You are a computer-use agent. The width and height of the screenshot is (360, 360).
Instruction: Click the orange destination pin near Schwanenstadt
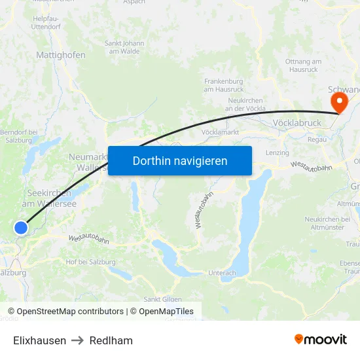click(x=339, y=102)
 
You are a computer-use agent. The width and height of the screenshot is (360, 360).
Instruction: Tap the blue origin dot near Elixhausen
click(x=21, y=228)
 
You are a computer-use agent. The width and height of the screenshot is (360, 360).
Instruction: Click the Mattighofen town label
click(x=61, y=56)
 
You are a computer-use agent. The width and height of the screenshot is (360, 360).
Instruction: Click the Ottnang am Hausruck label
click(x=303, y=65)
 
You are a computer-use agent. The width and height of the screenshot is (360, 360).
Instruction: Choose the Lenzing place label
click(x=277, y=153)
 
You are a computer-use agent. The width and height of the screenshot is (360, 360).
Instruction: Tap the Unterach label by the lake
click(x=222, y=272)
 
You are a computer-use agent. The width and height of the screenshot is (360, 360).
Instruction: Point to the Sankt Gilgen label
click(x=163, y=299)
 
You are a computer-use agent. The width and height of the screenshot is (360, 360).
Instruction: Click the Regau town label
click(x=317, y=139)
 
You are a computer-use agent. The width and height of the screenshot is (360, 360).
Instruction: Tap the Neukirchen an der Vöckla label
click(x=245, y=104)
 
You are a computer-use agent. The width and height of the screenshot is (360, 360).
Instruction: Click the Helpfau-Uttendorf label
click(x=47, y=23)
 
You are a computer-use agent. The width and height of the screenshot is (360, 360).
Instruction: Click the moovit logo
click(x=321, y=340)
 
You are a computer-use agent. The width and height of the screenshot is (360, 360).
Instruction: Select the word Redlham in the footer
click(x=111, y=340)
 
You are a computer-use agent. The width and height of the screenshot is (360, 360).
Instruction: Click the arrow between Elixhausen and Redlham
click(x=78, y=340)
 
